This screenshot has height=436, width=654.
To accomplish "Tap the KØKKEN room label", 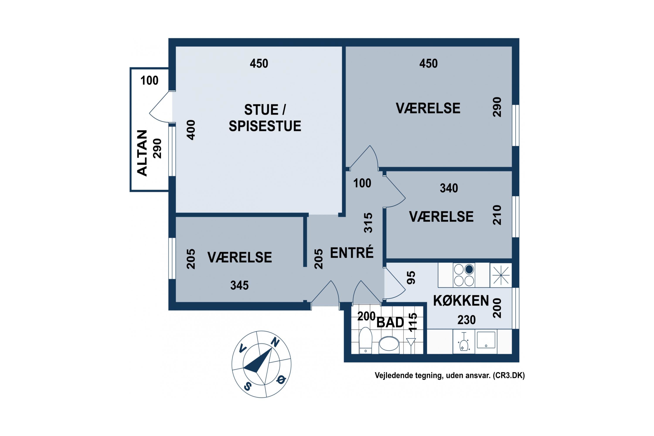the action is (461, 301).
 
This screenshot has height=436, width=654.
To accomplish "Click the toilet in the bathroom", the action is (365, 340).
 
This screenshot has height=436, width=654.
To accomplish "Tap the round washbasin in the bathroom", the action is (389, 344).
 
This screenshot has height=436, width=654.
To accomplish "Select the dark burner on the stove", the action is (469, 269).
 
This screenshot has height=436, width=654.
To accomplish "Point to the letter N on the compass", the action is (275, 342).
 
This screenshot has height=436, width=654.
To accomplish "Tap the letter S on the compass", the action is (247, 386).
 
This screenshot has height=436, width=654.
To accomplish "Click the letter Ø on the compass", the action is (281, 379).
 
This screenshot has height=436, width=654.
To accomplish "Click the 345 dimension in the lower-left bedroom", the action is (239, 285).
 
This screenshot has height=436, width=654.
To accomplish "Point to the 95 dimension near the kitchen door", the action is (411, 278).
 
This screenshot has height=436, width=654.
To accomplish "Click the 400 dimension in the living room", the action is (191, 130).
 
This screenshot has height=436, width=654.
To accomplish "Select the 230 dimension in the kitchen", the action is (466, 320).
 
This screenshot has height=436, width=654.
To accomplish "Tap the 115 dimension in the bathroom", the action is (413, 322).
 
